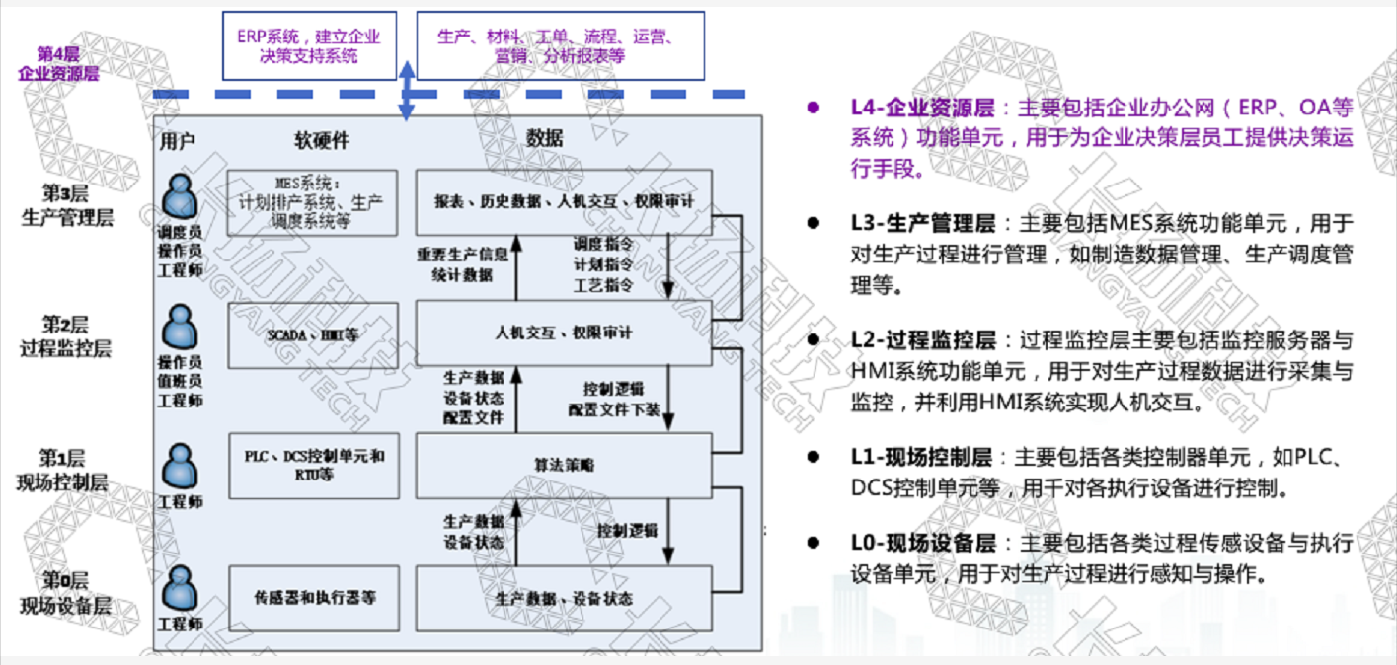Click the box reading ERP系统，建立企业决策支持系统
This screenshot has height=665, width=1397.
(x=308, y=45)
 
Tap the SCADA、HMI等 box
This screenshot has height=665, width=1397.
(x=312, y=333)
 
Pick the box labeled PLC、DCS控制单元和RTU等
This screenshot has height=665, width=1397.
(x=312, y=465)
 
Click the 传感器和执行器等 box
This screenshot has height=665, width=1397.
(x=312, y=597)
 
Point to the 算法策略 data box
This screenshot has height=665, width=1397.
(x=563, y=465)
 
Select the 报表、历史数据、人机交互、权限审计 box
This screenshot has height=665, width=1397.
(x=563, y=200)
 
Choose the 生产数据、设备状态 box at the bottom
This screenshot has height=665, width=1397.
(x=563, y=597)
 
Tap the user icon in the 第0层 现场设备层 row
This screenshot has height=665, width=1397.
(x=180, y=590)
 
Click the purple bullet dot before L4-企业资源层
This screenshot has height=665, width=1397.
(x=814, y=107)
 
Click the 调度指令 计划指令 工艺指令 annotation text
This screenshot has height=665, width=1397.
(x=603, y=263)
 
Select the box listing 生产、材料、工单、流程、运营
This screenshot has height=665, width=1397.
(x=560, y=45)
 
